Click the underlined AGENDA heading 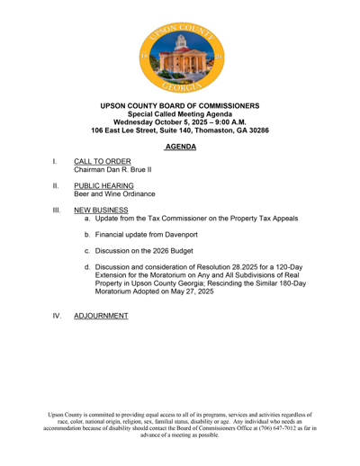coord(180,145)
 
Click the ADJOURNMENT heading coord(88,317)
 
